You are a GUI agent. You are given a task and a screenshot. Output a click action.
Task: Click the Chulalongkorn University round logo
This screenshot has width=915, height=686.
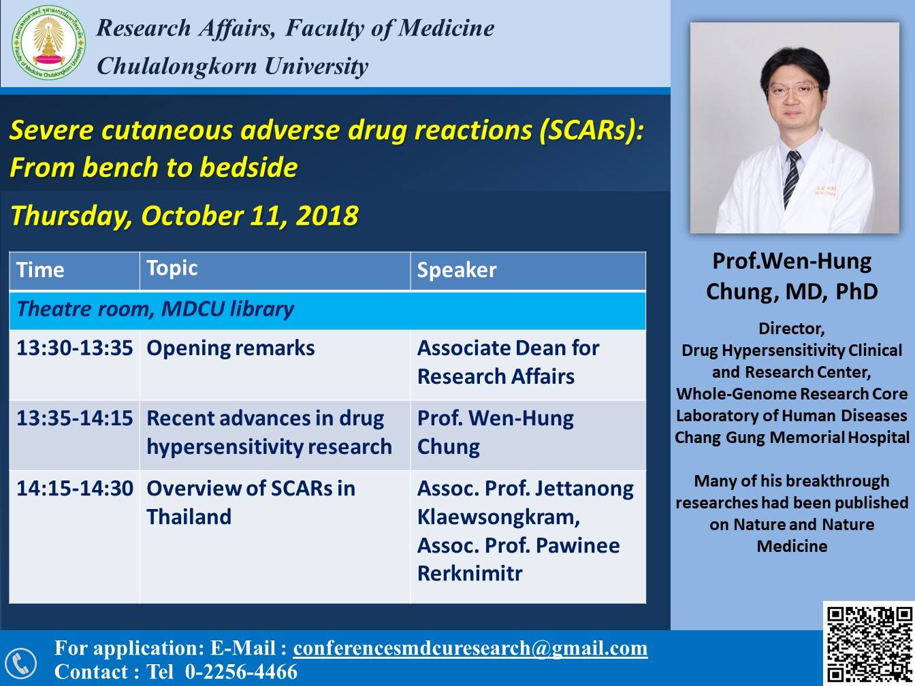point(48,43)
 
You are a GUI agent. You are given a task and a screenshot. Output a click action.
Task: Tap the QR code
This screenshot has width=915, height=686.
point(868,643)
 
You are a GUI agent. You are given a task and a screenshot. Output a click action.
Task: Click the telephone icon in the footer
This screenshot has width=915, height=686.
point(20,662)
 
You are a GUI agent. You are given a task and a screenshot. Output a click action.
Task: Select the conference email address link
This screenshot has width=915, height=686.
point(470,648)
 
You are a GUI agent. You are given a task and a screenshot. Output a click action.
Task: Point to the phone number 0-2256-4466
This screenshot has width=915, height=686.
point(241,672)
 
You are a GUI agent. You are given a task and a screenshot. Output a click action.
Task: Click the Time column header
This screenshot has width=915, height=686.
point(41,270)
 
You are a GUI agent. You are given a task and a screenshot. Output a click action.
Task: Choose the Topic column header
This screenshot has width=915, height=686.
point(172,268)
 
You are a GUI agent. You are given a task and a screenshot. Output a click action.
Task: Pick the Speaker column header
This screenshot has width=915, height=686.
point(456,270)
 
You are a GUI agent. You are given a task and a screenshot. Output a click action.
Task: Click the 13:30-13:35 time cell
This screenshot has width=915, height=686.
point(74,348)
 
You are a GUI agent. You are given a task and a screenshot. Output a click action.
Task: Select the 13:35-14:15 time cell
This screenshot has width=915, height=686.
point(74,419)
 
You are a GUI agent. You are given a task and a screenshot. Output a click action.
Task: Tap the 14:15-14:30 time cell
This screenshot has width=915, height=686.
point(74,489)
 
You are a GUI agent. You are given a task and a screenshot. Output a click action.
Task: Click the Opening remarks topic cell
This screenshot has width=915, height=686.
point(231,348)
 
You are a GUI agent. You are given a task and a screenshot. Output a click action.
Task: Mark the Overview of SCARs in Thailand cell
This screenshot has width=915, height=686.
point(251,502)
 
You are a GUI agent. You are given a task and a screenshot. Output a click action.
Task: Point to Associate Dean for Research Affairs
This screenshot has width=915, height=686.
point(508,362)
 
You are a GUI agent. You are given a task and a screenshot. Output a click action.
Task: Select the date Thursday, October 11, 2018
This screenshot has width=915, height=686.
point(184,216)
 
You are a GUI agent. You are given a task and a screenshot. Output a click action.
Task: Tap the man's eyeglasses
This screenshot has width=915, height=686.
point(792,88)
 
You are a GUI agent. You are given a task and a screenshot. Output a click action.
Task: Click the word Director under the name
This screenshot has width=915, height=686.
point(791,329)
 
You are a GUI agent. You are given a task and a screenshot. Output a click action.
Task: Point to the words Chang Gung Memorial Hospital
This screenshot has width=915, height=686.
point(792,438)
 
